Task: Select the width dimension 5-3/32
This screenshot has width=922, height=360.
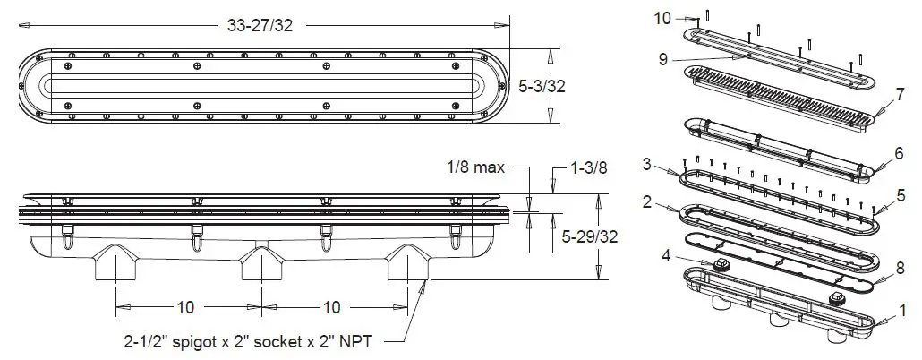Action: [543, 86]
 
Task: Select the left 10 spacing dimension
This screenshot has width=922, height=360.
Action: [185, 307]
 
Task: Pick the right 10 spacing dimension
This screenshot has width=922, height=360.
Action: [331, 307]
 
